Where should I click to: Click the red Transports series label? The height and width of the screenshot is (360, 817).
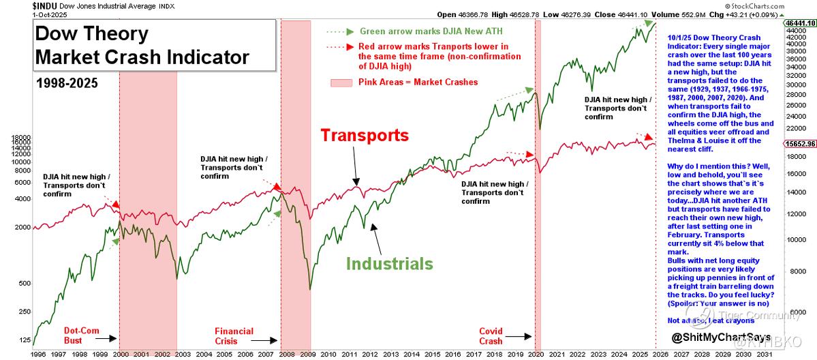[365, 136]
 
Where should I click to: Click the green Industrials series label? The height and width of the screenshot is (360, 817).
[390, 263]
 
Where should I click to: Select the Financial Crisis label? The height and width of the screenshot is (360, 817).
[234, 335]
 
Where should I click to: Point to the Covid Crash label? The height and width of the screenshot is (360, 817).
[491, 335]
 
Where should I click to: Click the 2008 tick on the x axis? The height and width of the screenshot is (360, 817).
[286, 354]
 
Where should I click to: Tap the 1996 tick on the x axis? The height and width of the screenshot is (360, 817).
[40, 354]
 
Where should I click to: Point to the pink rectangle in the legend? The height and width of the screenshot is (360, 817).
[341, 82]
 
